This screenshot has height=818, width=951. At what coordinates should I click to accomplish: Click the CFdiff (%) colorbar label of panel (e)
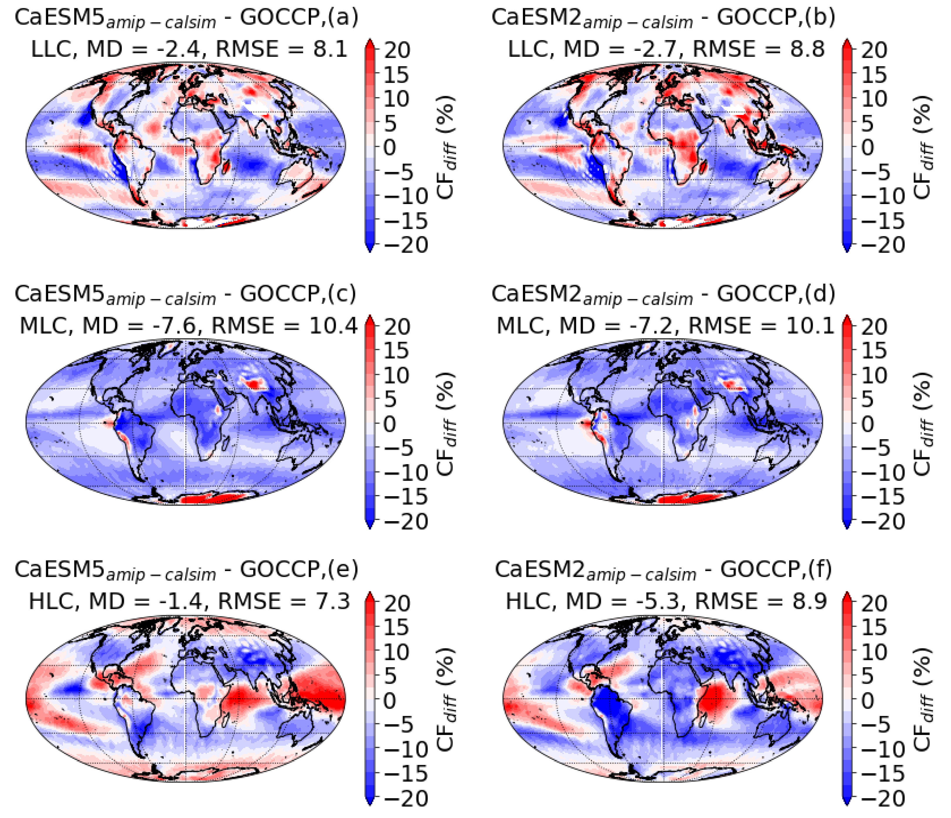446,700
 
